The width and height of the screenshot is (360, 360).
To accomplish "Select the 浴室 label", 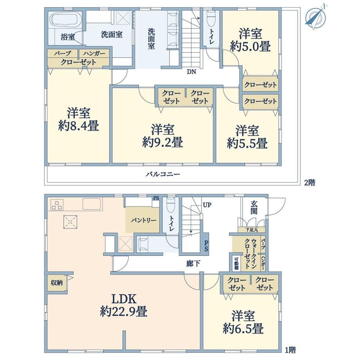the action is pos(68,37).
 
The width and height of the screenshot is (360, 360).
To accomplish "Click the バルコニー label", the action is pos(163,174).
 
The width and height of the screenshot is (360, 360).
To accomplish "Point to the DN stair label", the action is pos(191,72).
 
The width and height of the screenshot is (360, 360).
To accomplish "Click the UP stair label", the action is pos(207,205).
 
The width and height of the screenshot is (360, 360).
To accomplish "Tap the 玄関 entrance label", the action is pos(254,207).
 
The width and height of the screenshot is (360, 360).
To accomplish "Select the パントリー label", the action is pos(144,221).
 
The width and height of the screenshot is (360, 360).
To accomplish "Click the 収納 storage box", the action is pos(57,283).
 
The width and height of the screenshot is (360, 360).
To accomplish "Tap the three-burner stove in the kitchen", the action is pos(57,205).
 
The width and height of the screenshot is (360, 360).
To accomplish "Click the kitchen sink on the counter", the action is pos(92,204).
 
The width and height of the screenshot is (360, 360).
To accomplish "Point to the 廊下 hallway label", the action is pos(193,264).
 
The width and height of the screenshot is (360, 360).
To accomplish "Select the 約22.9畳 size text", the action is pos(124,312).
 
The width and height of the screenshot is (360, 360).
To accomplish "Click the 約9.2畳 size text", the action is pos(162,142).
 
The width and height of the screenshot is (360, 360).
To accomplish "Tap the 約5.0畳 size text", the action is pos(250,46).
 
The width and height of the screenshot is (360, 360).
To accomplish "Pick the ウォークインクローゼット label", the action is pos(250,253).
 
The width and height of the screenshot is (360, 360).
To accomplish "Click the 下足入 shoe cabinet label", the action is pos(252,230).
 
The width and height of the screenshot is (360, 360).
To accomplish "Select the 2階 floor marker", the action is pos(310,183).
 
